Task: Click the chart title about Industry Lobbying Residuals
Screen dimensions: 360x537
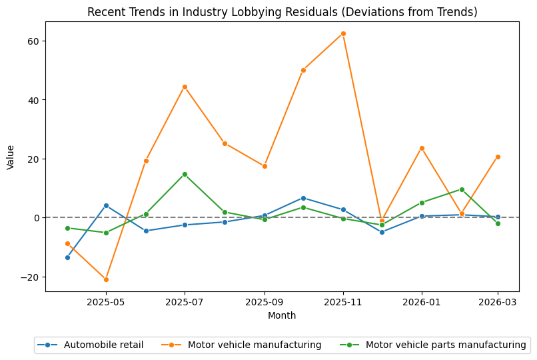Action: coord(282,12)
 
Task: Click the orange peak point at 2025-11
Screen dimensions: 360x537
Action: coord(343,33)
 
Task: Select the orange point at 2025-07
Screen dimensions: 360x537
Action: coord(185,87)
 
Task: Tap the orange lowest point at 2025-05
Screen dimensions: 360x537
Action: coord(106,279)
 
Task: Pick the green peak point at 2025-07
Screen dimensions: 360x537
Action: coord(185,174)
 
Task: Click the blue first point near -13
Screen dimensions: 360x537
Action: coord(67,257)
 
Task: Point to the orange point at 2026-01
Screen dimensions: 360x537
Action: coord(422,148)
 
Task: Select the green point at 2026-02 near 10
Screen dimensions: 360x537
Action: coord(462,189)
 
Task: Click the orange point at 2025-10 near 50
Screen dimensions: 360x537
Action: coord(303,70)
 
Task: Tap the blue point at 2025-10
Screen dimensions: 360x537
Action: coord(303,198)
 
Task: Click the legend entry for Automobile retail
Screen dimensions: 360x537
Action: coord(93,345)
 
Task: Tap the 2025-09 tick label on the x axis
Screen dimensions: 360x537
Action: coord(264,302)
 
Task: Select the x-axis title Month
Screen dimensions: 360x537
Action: coord(282,315)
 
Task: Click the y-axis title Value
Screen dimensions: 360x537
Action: coord(10,157)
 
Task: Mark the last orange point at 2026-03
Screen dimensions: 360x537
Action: coord(498,157)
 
